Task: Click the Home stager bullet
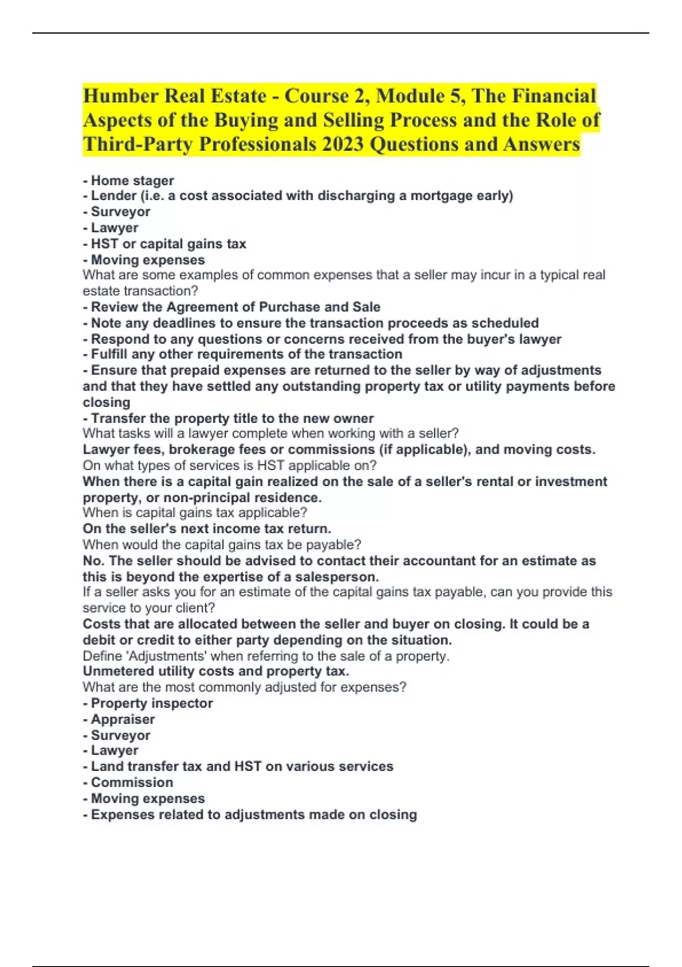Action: click(132, 180)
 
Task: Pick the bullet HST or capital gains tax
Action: click(168, 244)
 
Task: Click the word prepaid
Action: click(194, 370)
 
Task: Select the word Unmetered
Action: click(117, 671)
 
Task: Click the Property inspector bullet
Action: click(151, 704)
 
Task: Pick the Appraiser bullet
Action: click(123, 720)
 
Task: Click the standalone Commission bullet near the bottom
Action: click(132, 783)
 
